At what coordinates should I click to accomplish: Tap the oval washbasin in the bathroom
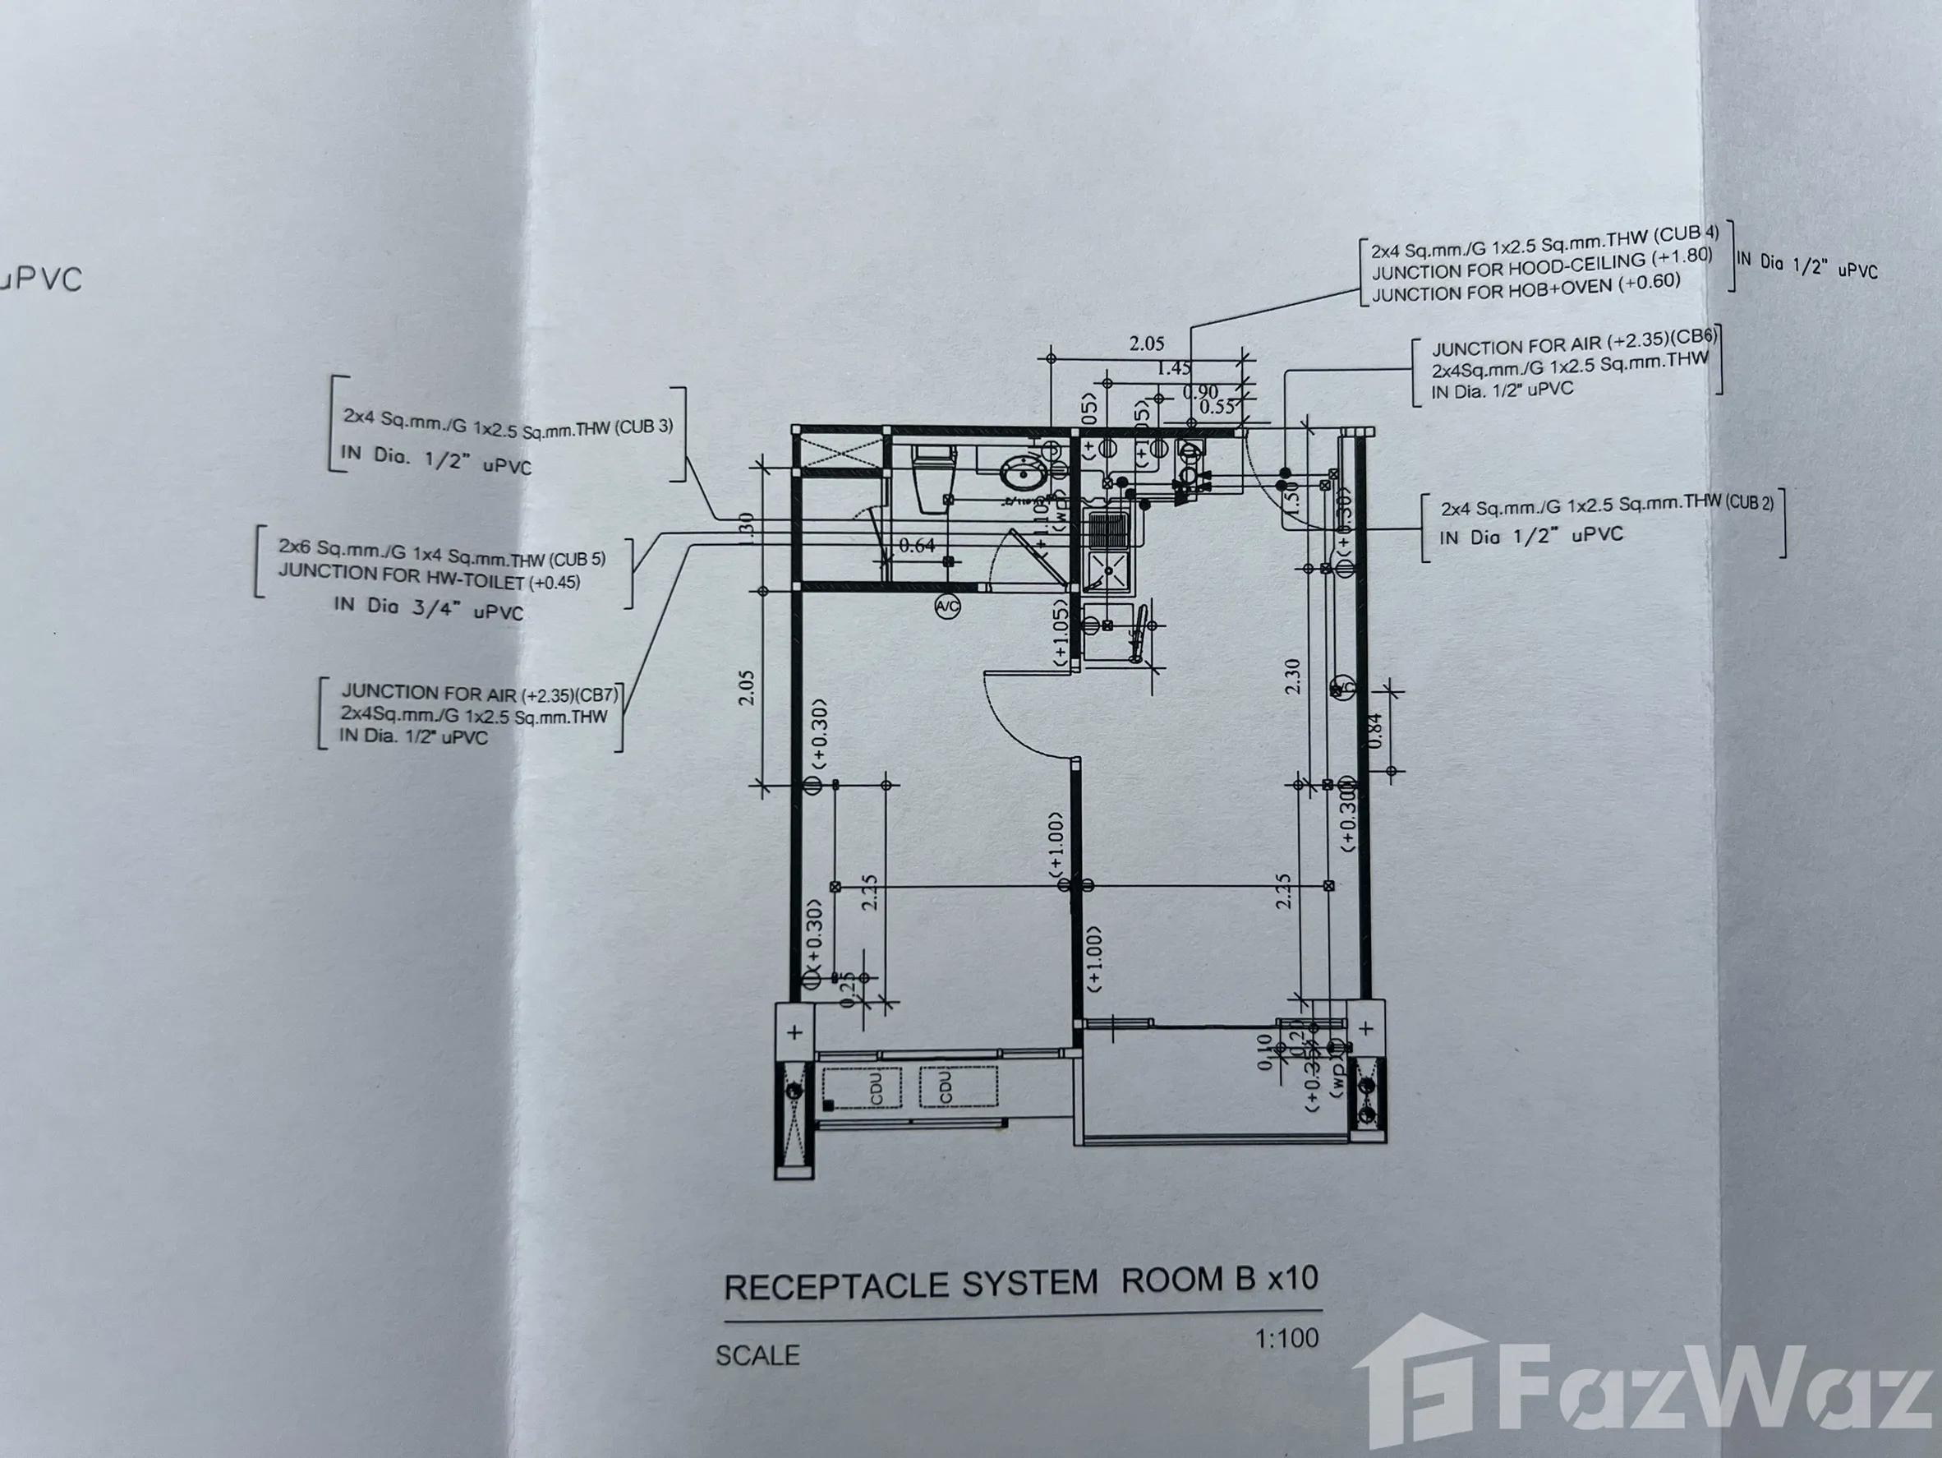(1021, 475)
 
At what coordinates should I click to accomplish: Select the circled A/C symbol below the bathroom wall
(947, 606)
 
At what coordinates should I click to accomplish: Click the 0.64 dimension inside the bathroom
(917, 546)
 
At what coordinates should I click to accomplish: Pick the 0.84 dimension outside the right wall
(1376, 730)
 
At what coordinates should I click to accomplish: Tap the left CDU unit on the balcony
(876, 1087)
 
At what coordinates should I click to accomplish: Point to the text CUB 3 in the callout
(643, 427)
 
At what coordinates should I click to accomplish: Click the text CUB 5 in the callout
(577, 559)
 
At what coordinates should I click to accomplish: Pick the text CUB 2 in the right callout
(1748, 503)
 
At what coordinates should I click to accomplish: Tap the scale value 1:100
(1286, 1339)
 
